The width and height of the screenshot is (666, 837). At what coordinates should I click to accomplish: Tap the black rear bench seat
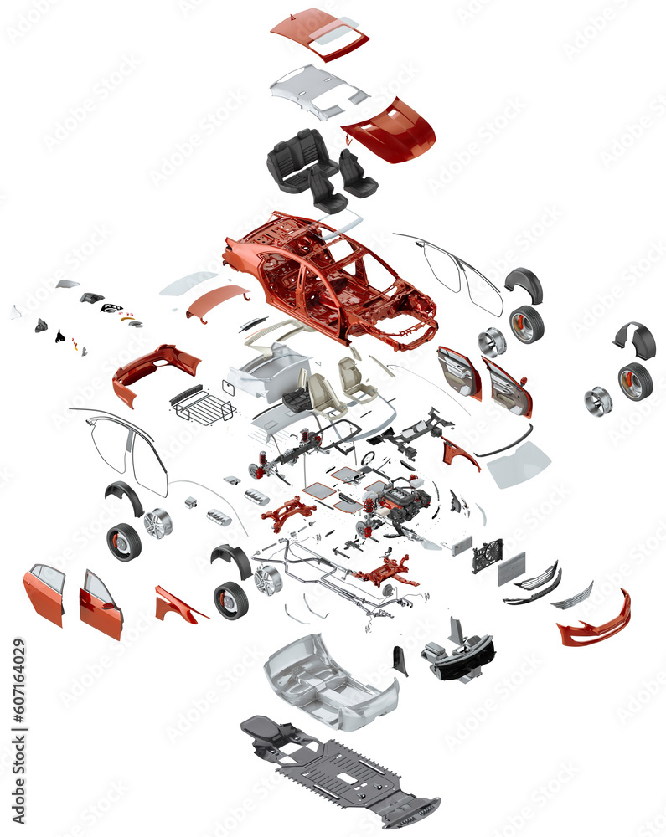click(x=298, y=159)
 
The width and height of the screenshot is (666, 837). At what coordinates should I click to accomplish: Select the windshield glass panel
click(x=519, y=465)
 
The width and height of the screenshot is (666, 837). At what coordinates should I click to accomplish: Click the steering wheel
click(x=368, y=458)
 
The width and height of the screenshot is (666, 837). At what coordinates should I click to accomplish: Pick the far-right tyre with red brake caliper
click(x=636, y=382)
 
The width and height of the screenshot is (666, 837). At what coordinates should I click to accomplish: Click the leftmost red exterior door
click(x=44, y=593)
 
